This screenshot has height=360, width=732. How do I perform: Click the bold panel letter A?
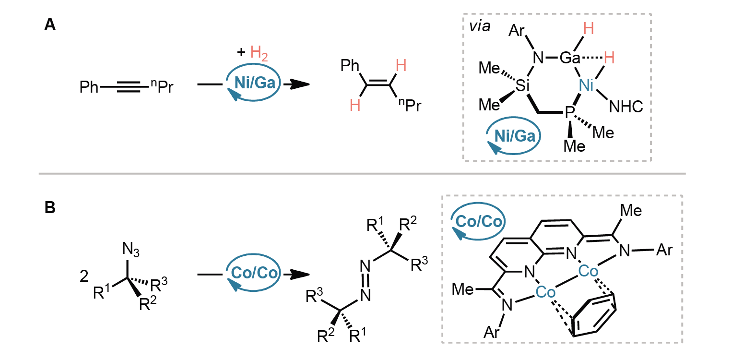click(50, 25)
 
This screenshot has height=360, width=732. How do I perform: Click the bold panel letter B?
click(50, 207)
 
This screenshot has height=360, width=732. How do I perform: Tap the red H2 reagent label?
click(259, 53)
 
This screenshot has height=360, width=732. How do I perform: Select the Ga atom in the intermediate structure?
click(569, 58)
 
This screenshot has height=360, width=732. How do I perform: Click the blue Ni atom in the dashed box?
click(586, 85)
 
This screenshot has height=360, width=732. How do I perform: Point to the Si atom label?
click(522, 85)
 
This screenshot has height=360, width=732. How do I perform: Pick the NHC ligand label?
click(626, 107)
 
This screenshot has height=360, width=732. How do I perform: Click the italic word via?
click(480, 26)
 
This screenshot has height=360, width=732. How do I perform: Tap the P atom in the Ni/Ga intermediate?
click(569, 113)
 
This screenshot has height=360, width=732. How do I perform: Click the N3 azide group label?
click(130, 250)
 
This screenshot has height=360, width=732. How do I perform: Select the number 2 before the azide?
click(84, 276)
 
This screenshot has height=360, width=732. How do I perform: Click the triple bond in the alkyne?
click(129, 87)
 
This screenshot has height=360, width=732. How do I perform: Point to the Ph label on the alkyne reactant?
click(89, 87)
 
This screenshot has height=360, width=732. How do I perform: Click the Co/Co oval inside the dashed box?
click(478, 221)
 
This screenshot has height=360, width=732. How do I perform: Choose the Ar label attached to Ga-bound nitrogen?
click(517, 31)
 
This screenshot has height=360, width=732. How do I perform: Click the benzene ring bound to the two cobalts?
click(594, 314)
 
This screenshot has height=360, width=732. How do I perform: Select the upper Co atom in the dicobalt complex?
click(588, 271)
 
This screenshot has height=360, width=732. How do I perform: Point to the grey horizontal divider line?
click(362, 174)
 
